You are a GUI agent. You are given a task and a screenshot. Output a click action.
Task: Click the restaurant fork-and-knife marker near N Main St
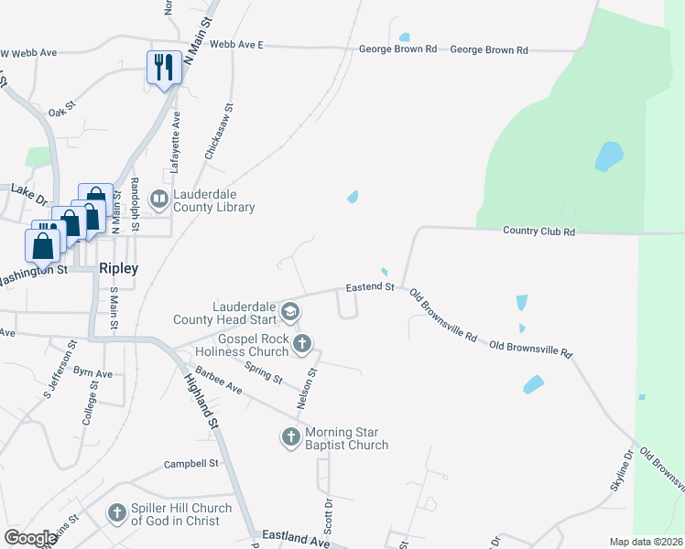point(163,68)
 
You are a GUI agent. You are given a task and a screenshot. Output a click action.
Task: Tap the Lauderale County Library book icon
point(159,198)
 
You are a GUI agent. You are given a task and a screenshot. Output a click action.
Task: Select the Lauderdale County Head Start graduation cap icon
point(290,312)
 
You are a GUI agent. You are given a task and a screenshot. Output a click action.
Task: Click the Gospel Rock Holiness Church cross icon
point(302,344)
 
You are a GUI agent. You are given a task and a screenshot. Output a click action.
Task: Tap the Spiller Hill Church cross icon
point(117,513)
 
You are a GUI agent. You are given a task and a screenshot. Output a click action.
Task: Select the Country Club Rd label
point(539,232)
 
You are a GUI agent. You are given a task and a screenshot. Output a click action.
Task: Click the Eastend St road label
point(369,287)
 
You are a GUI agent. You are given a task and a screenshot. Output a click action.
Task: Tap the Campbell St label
point(191,464)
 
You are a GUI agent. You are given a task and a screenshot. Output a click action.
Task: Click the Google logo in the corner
point(30,539)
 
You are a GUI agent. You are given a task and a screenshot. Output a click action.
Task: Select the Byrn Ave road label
point(92,373)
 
